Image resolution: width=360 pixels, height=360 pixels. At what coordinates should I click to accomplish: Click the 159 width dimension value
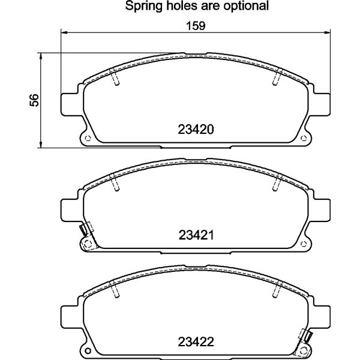point(196,26)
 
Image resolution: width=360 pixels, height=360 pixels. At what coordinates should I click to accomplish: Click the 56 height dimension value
point(34,100)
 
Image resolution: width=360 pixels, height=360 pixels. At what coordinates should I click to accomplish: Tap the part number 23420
point(196,130)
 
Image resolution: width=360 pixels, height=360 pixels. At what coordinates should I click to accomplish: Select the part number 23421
point(196,235)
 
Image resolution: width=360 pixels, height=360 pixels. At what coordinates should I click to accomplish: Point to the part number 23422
point(196,341)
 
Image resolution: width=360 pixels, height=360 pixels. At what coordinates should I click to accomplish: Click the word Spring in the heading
point(144,6)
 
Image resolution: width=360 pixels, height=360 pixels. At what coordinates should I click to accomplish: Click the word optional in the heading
point(246,6)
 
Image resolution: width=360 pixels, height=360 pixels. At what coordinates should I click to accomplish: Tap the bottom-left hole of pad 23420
point(88,138)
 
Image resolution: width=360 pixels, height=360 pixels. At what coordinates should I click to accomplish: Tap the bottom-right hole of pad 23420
point(304,138)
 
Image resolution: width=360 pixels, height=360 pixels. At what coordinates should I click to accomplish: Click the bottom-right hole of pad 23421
point(304,244)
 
